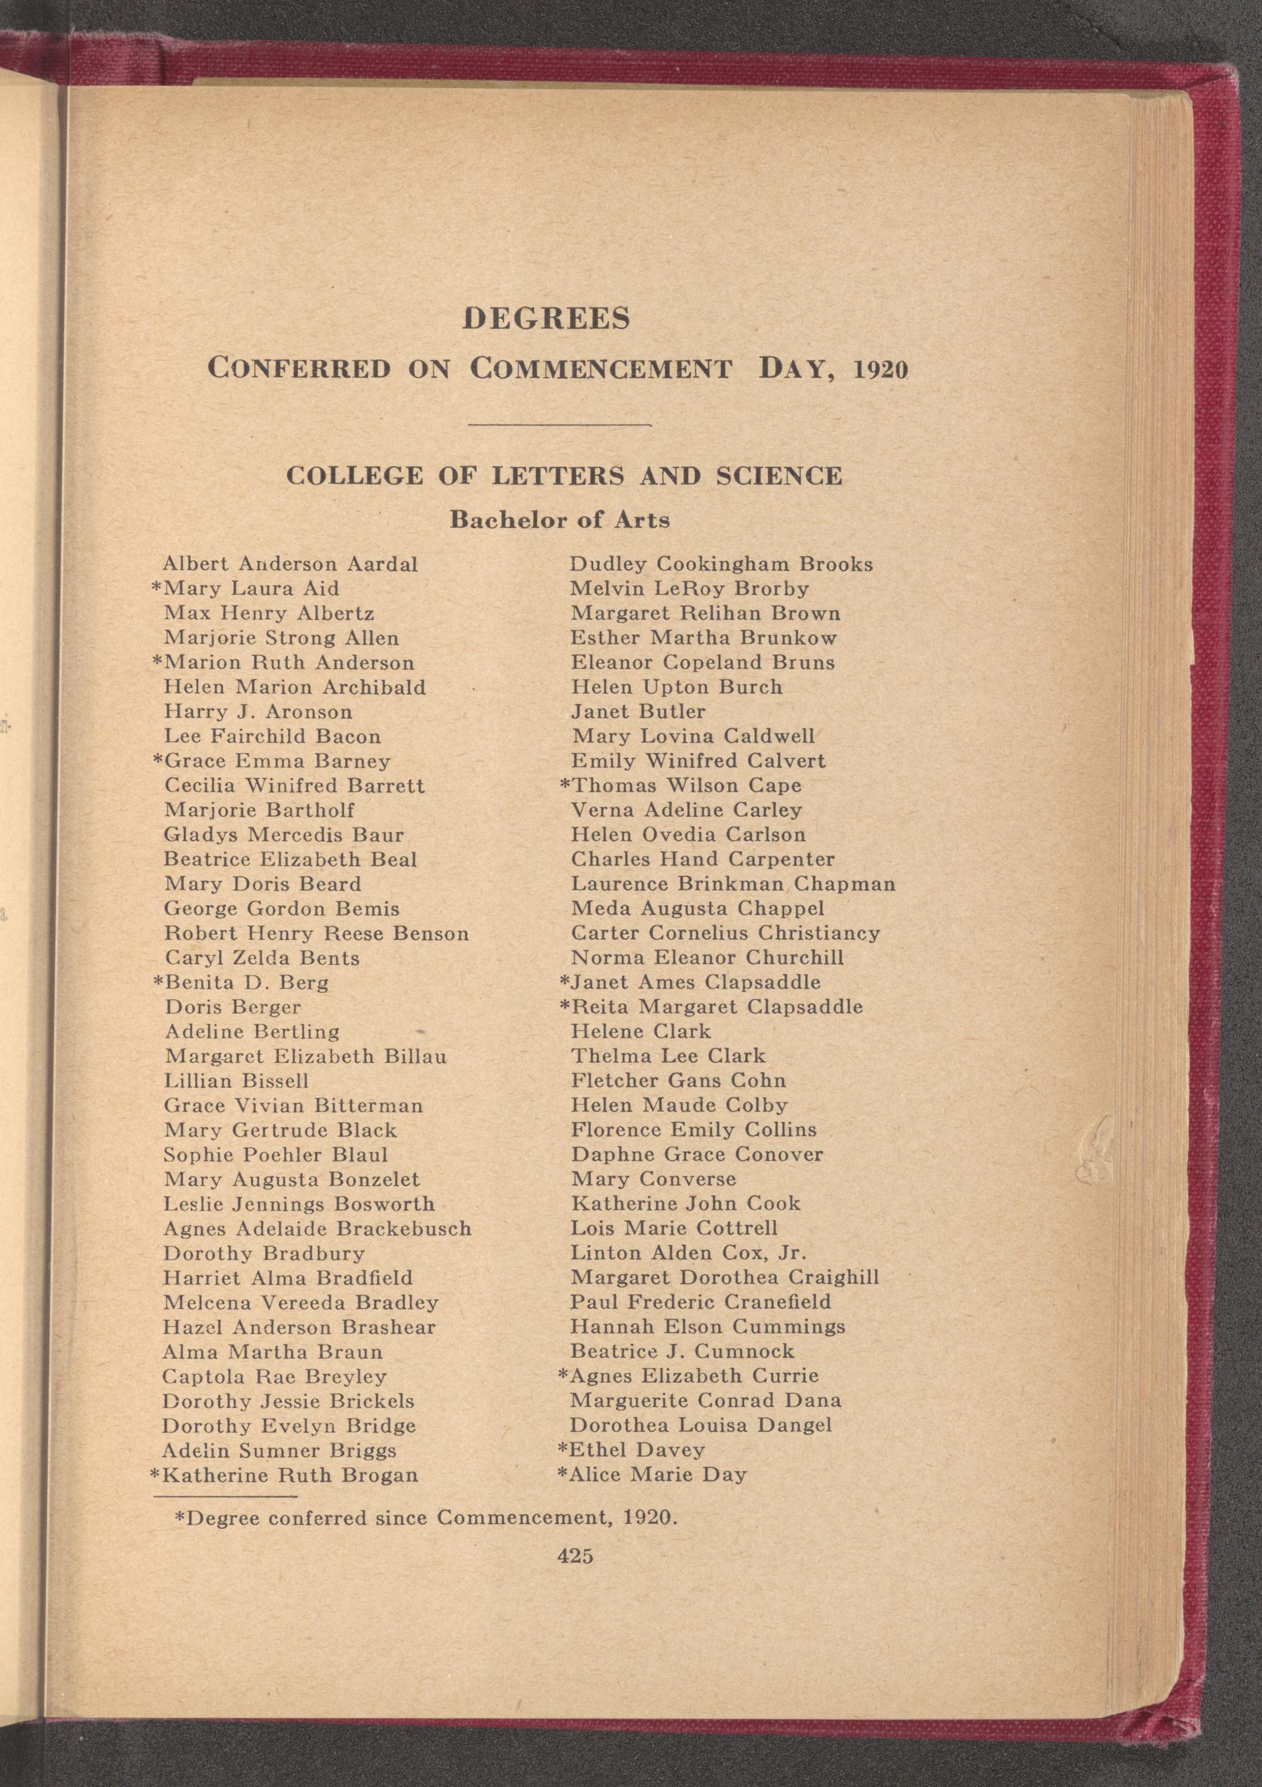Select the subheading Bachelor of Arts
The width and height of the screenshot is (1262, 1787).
[x=559, y=520]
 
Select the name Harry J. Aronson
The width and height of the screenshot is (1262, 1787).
[x=258, y=711]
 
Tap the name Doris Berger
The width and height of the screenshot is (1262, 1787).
[x=232, y=1006]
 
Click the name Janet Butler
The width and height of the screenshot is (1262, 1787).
[x=638, y=711]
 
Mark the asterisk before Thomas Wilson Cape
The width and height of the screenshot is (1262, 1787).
[x=565, y=785]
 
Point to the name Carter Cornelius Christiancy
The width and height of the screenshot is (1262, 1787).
[x=725, y=933]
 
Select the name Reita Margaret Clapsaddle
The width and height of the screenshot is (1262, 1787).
[x=717, y=1006]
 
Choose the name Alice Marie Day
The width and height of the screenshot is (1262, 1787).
[x=657, y=1474]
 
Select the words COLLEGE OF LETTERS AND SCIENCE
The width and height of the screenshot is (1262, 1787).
[x=564, y=476]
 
